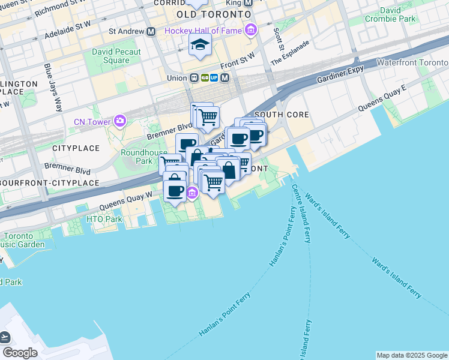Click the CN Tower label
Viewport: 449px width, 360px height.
point(92,122)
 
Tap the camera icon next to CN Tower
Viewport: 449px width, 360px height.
point(120,122)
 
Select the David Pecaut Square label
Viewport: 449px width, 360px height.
point(116,56)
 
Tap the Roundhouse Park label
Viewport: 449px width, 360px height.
point(136,157)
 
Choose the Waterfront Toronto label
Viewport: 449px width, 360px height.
point(412,63)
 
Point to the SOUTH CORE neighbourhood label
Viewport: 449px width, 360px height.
point(282,114)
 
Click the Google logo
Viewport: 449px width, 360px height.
point(19,353)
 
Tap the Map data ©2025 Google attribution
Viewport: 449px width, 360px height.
point(412,355)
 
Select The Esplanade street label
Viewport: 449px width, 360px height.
point(291,53)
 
